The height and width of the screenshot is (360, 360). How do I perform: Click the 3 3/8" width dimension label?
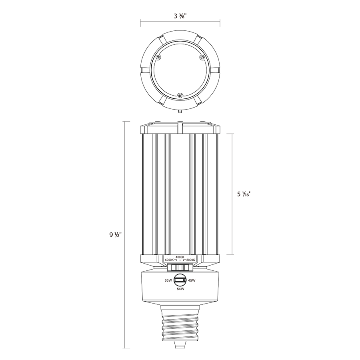click(x=180, y=16)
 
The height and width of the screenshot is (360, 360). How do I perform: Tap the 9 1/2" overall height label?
click(x=116, y=235)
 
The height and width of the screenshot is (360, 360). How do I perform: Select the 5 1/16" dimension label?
click(x=243, y=194)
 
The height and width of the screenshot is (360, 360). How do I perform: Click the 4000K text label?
click(x=180, y=257)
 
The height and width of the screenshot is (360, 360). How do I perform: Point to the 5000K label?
click(x=170, y=260)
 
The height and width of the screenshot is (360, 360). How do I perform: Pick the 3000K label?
click(x=190, y=260)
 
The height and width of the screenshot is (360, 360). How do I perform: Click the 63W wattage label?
click(x=168, y=280)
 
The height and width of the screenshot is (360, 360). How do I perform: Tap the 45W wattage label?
click(x=192, y=280)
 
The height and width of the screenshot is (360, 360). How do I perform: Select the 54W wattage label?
click(x=180, y=289)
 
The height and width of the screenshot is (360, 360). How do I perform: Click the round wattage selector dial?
click(x=180, y=280)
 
